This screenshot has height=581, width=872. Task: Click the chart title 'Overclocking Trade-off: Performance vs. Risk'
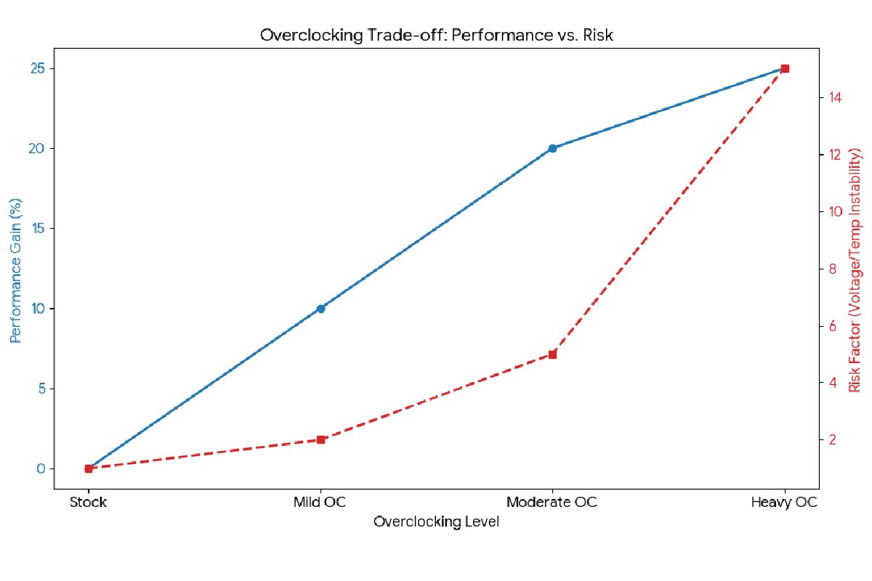(x=436, y=36)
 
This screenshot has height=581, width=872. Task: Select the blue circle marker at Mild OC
(x=320, y=308)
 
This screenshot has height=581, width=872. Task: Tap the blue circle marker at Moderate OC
(x=552, y=148)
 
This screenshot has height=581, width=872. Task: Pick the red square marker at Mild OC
(x=320, y=439)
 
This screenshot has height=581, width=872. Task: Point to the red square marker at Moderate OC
(x=552, y=354)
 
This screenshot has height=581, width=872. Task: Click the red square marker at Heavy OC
(x=784, y=68)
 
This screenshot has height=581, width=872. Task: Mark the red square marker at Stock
(x=89, y=468)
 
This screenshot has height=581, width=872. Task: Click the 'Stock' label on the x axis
(x=89, y=503)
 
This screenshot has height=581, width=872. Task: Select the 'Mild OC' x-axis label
(x=320, y=503)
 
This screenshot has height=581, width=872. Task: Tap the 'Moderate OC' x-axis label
(x=552, y=503)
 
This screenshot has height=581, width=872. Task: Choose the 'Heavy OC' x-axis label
(x=784, y=503)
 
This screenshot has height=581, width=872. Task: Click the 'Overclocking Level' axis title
(x=436, y=522)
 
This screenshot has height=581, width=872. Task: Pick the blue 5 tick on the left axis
(x=40, y=388)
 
